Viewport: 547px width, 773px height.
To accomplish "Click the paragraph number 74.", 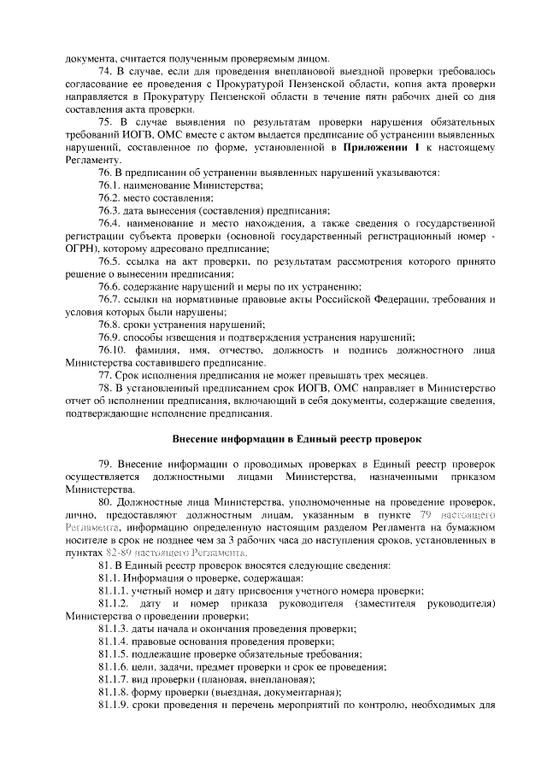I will coord(107,70).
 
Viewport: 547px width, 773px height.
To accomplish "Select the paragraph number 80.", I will coord(107,502).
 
